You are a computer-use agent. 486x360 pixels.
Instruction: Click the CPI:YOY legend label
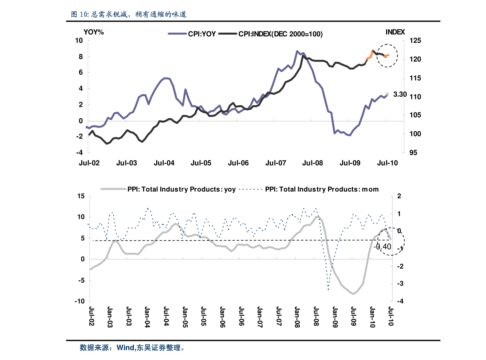pos(202,35)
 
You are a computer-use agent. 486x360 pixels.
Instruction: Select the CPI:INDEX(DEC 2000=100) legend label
pos(280,35)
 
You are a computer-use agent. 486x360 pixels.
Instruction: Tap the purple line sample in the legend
pos(177,35)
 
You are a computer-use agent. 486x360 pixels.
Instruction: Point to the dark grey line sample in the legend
pos(228,35)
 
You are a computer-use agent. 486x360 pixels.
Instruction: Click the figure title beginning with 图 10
pos(129,15)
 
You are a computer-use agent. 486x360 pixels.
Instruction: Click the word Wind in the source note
pos(125,348)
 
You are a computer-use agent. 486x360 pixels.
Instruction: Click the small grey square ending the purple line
pos(387,94)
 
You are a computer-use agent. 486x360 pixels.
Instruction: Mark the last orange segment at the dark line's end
pos(386,55)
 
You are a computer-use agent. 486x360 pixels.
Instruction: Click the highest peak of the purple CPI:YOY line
pos(297,51)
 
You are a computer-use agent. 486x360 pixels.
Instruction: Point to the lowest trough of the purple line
pos(350,135)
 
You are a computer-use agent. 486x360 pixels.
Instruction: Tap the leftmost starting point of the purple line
pos(87,127)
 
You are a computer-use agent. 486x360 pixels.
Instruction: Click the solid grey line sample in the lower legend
pos(113,189)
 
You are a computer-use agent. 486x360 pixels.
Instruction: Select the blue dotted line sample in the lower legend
pos(251,189)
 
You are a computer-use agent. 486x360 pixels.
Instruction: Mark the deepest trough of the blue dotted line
pos(328,289)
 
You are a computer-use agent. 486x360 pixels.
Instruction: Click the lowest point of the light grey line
pos(353,294)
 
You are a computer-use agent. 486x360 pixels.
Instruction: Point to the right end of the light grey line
pos(391,239)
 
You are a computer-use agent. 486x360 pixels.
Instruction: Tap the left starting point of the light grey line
pos(90,269)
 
